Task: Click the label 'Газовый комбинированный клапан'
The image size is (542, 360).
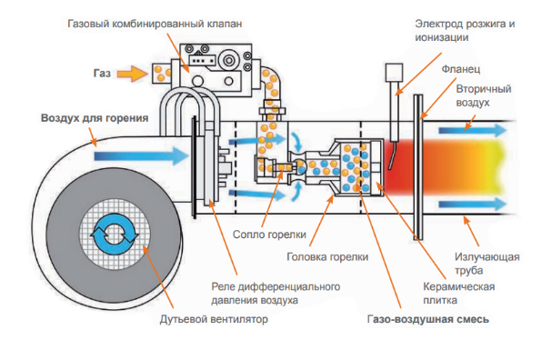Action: point(155,24)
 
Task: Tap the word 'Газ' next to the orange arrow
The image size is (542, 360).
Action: point(102,74)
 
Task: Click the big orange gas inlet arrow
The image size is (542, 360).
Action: point(133,74)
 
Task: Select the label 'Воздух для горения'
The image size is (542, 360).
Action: point(95,118)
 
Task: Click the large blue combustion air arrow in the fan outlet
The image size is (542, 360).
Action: point(141,156)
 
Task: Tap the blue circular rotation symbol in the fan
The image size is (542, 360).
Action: point(115,234)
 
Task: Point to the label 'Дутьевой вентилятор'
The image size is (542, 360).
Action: point(214,319)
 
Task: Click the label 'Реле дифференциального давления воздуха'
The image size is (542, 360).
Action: point(276,294)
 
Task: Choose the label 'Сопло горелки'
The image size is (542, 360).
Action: point(269,235)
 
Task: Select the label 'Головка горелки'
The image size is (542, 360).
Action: point(327,257)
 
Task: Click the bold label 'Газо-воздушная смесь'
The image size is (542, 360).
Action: point(428,319)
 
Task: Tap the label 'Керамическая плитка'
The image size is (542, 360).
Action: point(458,294)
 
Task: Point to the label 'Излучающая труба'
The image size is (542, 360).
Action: point(487,264)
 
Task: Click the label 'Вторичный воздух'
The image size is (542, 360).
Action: point(484,95)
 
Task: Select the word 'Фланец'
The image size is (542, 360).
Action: point(461,69)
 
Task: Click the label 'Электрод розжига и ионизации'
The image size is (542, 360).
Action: point(465,31)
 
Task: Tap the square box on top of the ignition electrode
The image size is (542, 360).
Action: point(394,73)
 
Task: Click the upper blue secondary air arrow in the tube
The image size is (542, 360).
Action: point(473,131)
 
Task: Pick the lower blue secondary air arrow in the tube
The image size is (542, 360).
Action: point(473,205)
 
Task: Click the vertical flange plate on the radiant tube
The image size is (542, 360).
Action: point(418,167)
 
